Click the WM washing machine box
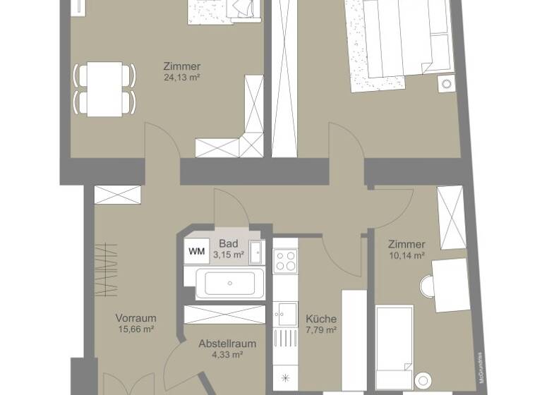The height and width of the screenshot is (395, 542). pos(195,250)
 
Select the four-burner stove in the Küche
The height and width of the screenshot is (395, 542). pos(287,261)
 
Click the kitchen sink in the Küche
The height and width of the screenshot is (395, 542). pos(287,310)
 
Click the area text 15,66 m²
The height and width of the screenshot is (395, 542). pos(135,329)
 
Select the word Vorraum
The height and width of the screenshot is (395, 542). pos(135,318)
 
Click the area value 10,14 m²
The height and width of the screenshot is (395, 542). pos(406,255)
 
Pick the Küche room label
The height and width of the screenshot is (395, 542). pos(321,318)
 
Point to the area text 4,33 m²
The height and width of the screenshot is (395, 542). pos(227,355)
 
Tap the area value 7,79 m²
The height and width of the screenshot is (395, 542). pos(321,329)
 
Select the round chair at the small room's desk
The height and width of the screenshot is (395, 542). pos(428,286)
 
